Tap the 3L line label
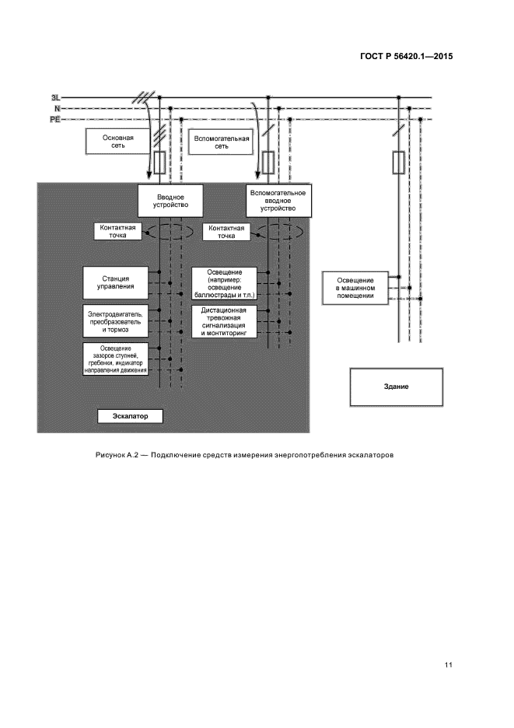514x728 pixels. pos(54,98)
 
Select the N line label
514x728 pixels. pos(57,109)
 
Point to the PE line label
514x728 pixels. pos(55,120)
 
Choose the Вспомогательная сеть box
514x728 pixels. pos(221,142)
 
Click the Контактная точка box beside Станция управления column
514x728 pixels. pos(118,232)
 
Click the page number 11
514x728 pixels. pos(449,665)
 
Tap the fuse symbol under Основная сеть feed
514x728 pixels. pos(159,163)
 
